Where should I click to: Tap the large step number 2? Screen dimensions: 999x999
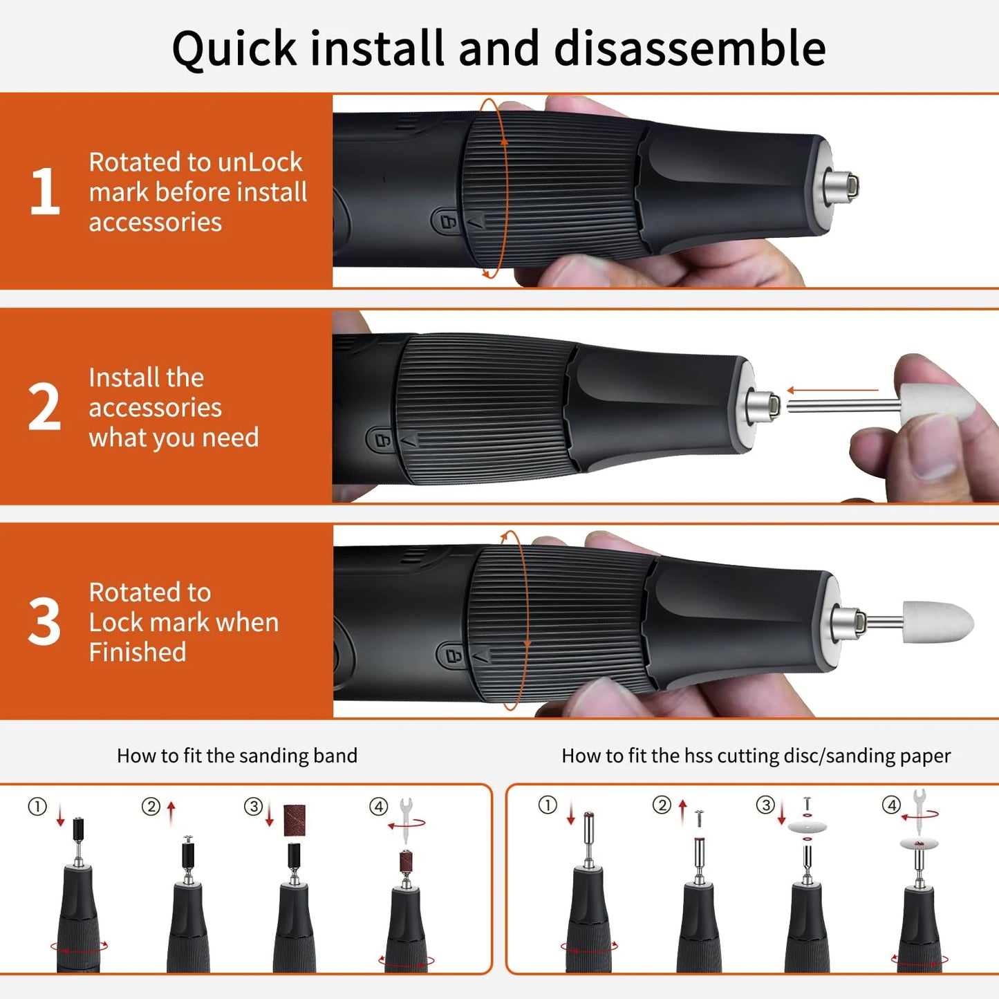pos(44,407)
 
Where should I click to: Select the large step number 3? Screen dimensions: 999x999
pos(44,622)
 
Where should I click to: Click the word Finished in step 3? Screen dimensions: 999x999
pos(138,652)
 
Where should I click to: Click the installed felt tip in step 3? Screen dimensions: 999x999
pos(938,622)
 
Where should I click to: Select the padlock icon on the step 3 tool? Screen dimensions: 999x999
pos(454,655)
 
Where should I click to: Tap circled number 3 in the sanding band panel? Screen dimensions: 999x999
pos(253,806)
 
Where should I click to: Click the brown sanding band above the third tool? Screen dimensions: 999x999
pos(295,820)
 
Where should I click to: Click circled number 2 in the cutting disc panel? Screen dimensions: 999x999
pos(662,805)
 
